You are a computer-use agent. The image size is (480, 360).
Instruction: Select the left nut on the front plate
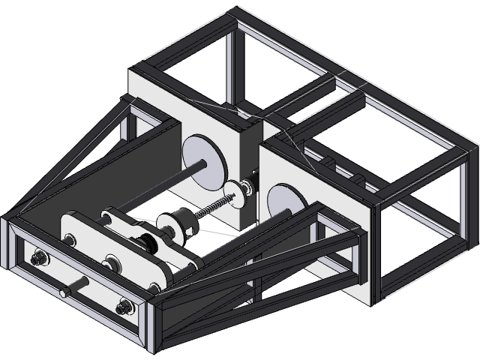click(x=37, y=260)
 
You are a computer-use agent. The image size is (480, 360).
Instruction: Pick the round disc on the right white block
click(x=283, y=202)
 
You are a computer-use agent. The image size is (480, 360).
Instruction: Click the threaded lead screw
click(x=210, y=209)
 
